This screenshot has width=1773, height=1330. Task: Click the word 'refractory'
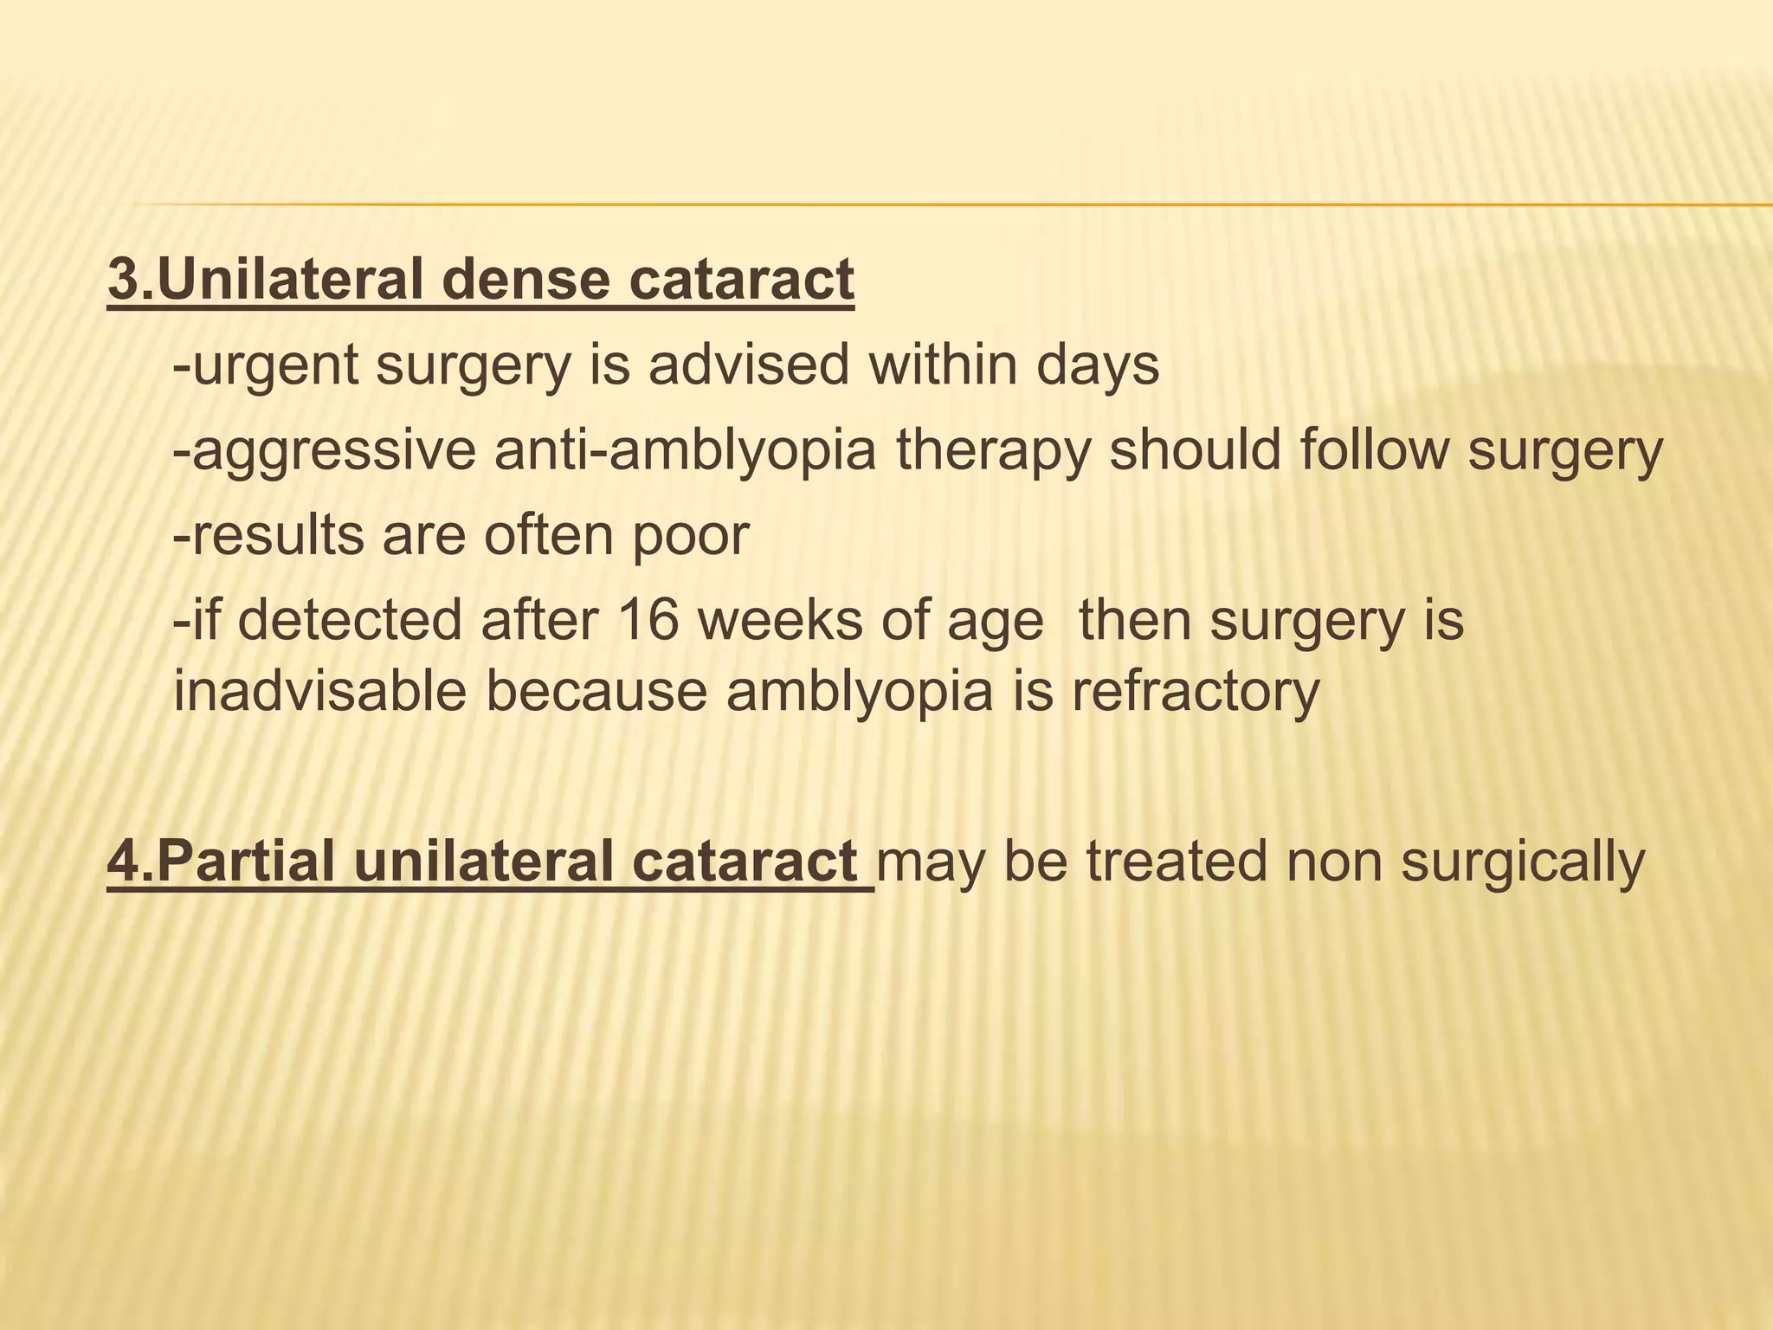tap(1195, 693)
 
